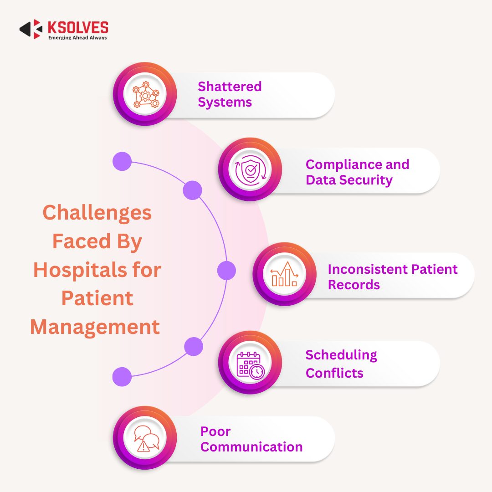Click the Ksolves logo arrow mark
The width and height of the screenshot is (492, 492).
[x=31, y=29]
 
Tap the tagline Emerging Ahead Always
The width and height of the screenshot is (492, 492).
[x=77, y=38]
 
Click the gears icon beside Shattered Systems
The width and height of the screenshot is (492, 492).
[x=144, y=94]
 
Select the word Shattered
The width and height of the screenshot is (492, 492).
[x=230, y=87]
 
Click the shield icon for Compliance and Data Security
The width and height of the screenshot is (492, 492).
[x=250, y=169]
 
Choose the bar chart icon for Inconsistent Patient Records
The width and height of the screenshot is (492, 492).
[x=284, y=274]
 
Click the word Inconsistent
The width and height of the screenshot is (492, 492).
[x=368, y=269]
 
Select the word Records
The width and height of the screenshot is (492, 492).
[x=354, y=285]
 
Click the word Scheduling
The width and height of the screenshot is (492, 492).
[x=341, y=355]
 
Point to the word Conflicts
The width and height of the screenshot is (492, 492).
[x=334, y=373]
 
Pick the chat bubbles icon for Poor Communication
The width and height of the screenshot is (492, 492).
[x=145, y=438]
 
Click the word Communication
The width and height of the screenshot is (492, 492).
[x=251, y=447]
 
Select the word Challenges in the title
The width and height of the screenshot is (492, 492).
[x=97, y=212]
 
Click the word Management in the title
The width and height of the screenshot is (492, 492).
[x=95, y=327]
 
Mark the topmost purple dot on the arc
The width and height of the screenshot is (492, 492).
[x=122, y=161]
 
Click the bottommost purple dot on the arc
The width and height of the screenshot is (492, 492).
[x=122, y=377]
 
